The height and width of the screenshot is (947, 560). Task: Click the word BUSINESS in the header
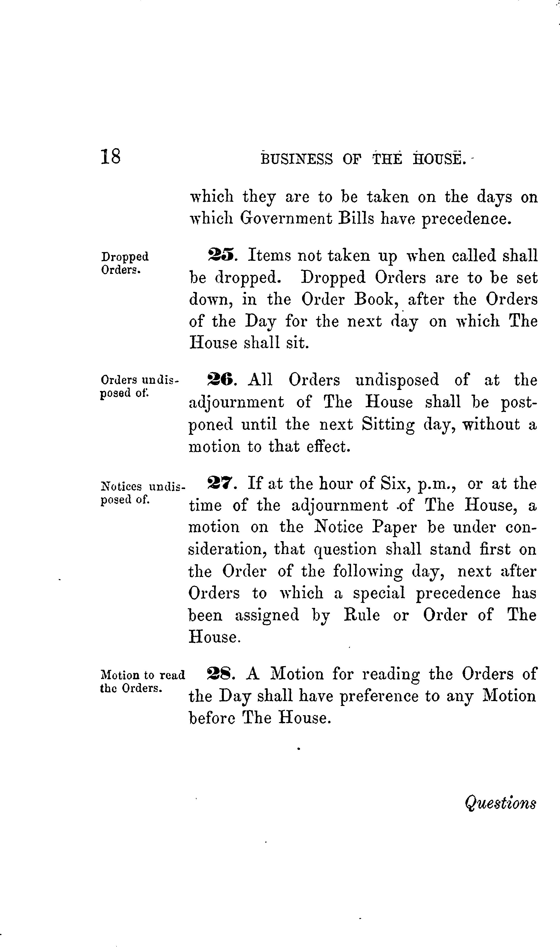pyautogui.click(x=297, y=159)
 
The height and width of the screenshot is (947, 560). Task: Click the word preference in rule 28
pyautogui.click(x=379, y=696)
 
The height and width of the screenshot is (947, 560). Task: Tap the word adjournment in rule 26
pyautogui.click(x=236, y=403)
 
